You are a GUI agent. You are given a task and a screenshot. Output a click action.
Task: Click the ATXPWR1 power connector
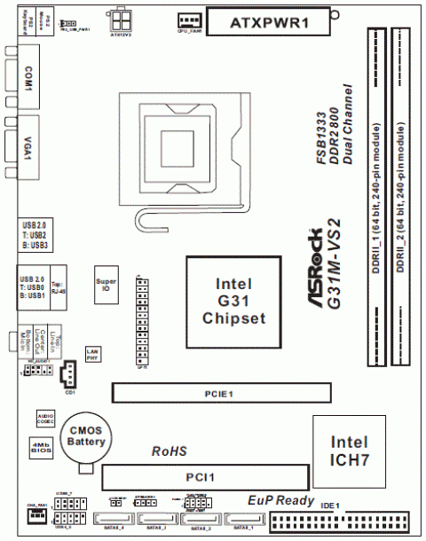point(274,20)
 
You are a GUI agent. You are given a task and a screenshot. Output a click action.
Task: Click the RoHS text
point(168,451)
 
